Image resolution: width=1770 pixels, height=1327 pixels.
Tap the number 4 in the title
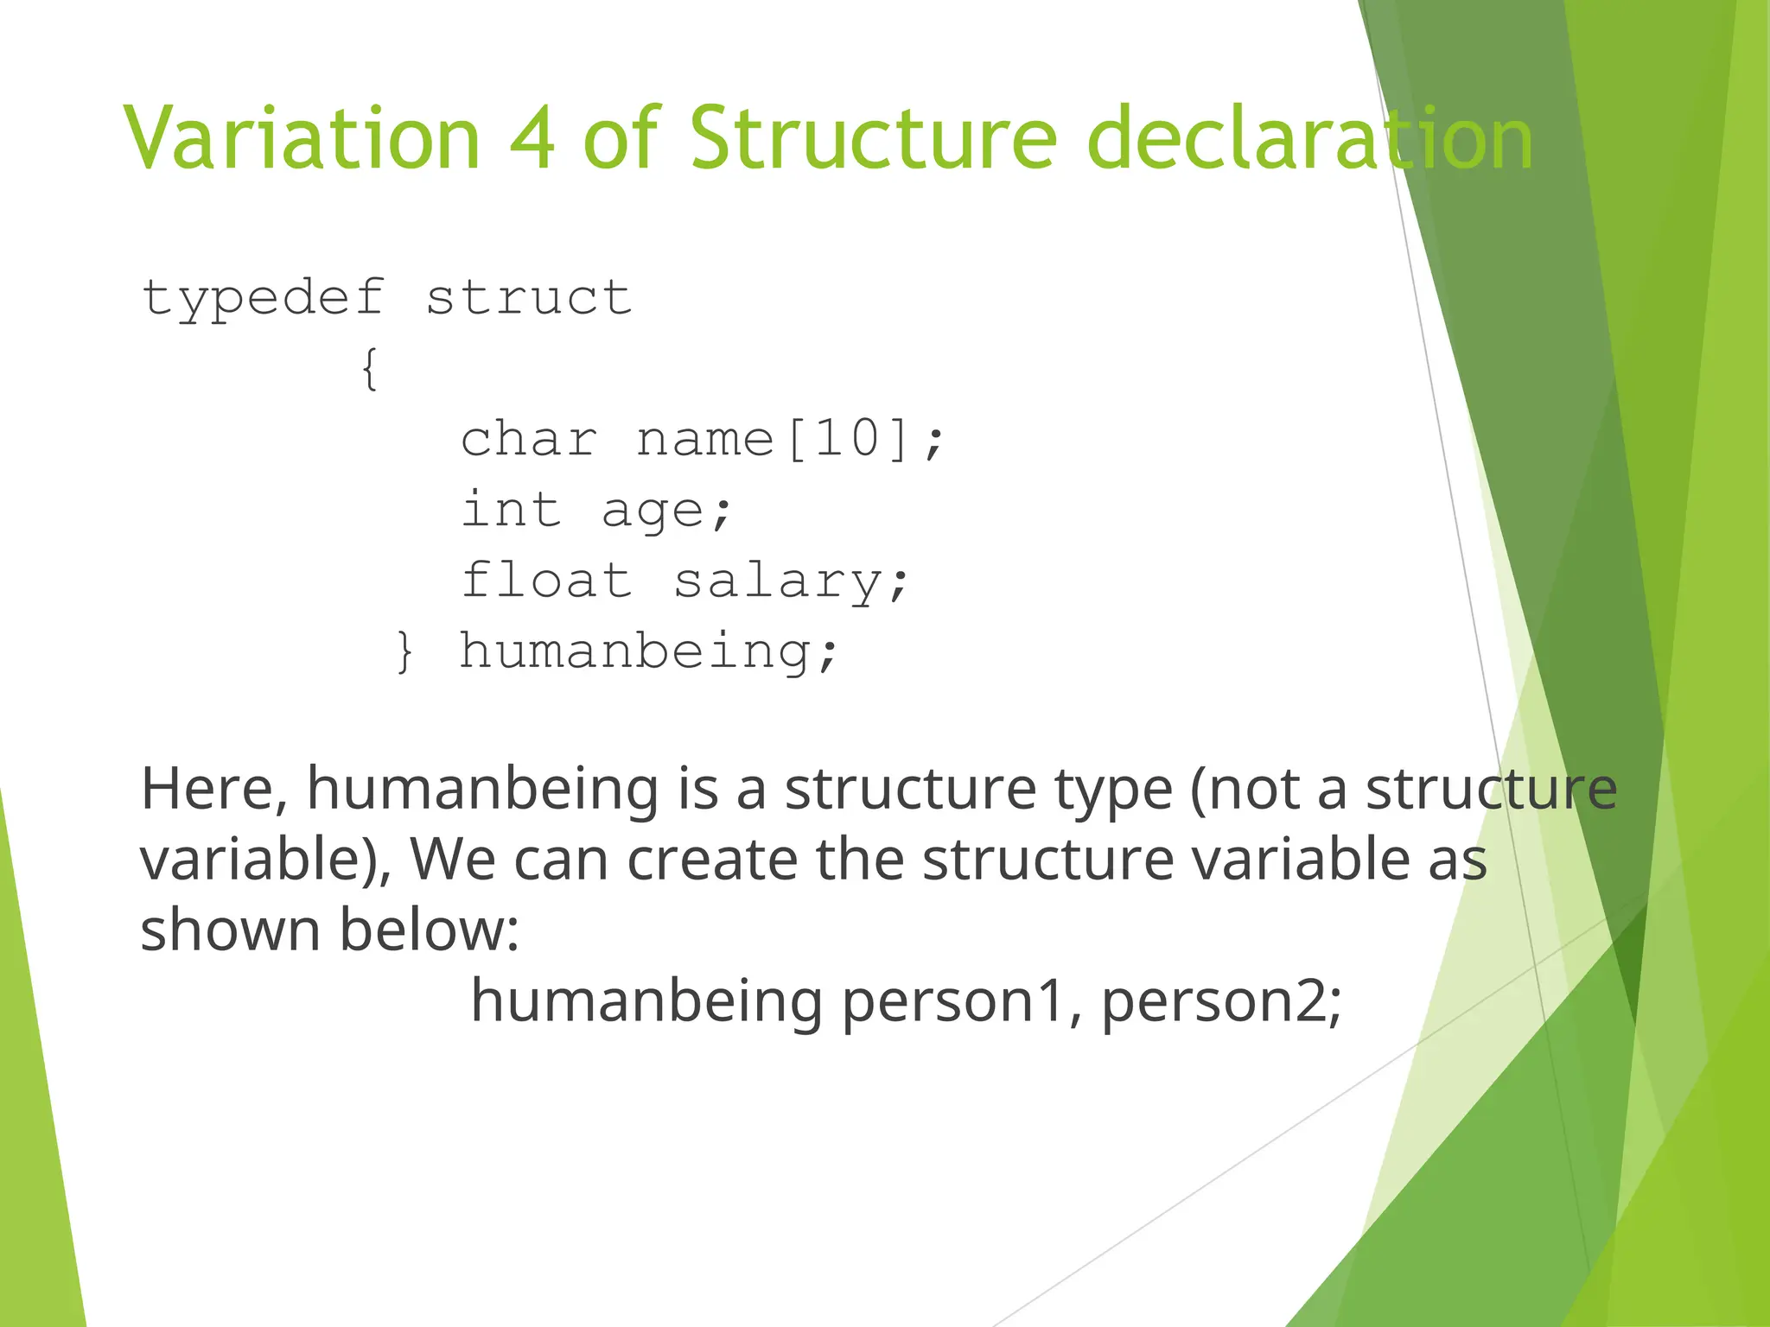coord(532,138)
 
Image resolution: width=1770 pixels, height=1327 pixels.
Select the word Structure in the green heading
coord(873,138)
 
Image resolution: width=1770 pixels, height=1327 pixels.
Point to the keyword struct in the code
coord(529,298)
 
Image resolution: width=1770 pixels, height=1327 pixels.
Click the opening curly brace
coord(370,370)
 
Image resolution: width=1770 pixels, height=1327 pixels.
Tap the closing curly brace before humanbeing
coord(404,651)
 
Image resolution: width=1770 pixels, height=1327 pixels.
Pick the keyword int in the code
coord(511,509)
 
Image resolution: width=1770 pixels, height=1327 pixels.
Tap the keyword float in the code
coord(546,580)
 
